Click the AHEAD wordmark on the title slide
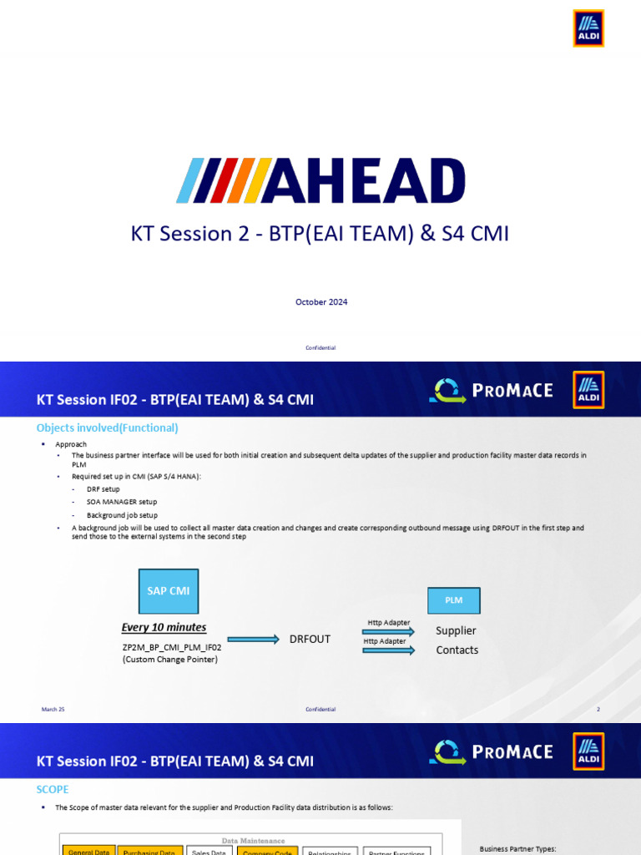320,180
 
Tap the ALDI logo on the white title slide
588,28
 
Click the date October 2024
321,302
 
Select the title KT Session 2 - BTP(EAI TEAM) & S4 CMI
320,234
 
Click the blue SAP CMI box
169,590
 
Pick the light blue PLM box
453,600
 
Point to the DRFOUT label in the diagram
310,639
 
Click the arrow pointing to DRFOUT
253,640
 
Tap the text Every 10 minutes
164,627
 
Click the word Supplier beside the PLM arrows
456,630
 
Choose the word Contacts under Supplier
457,650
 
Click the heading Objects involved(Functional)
108,427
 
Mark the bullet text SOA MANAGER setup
122,502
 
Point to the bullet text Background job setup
122,515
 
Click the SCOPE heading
53,789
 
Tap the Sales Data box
209,852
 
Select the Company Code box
266,852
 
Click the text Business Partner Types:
517,849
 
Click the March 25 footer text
53,709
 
